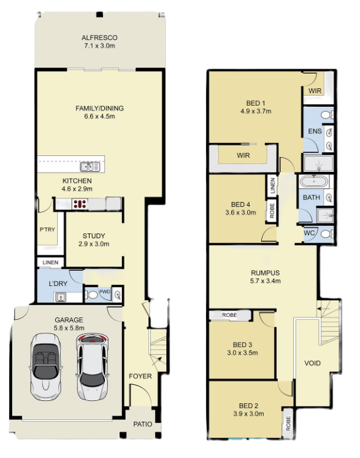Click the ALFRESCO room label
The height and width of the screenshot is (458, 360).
pos(99,37)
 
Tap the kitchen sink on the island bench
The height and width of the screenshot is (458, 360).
pos(90,167)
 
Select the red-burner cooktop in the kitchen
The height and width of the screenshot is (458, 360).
pos(80,204)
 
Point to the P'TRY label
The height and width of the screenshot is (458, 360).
pos(47,230)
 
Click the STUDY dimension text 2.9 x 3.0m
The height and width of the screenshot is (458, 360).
pos(94,244)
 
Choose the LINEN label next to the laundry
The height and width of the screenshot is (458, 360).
pos(50,262)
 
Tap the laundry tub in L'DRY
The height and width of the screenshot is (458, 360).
pos(61,297)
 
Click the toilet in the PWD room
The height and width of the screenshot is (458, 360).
pos(91,295)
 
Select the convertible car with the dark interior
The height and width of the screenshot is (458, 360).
pos(46,367)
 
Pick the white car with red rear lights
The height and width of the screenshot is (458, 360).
pos(92,368)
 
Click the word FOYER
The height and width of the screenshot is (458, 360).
pos(140,376)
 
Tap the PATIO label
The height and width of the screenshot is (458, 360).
pos(143,424)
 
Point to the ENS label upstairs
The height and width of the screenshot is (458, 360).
pos(315,131)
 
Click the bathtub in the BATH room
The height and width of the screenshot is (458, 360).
pos(314,182)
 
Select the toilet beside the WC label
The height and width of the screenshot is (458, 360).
pos(326,234)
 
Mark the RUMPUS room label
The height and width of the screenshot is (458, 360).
pos(265,273)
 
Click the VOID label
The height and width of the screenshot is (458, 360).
pos(312,363)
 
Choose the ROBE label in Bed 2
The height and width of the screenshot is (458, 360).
pos(288,424)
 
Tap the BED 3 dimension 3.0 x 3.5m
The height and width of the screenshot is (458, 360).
pos(242,353)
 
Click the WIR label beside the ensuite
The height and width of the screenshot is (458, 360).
pos(315,91)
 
